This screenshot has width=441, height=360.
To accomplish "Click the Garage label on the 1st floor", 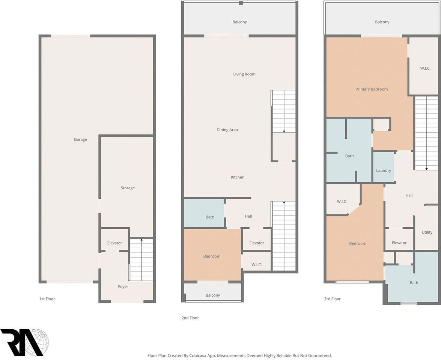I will point(80,139).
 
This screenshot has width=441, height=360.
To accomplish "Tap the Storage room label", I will point(128,188).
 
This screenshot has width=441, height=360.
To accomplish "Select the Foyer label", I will point(123,286).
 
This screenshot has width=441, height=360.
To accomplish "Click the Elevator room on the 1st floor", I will point(114,243).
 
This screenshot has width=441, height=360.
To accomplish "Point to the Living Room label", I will point(244,74).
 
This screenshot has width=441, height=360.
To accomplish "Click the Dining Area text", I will point(227,130).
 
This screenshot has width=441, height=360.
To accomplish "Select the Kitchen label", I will point(238,177).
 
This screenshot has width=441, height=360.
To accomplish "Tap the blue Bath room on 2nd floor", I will point(209,217).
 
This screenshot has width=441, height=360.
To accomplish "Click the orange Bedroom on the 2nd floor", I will point(212,256).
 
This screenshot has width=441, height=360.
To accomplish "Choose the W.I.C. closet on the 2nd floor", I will point(257,265).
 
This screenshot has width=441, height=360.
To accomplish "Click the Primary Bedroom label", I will point(372,89).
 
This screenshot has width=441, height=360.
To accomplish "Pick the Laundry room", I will point(384,171).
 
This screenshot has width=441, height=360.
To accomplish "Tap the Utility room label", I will point(427,232).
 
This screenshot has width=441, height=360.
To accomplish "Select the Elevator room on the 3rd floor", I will point(399,243).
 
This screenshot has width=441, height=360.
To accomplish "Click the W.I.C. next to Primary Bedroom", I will point(425,68).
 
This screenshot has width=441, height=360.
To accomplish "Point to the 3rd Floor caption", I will point(332,299).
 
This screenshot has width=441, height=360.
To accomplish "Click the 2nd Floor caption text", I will point(190,318).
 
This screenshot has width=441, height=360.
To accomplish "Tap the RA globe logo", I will point(24,342).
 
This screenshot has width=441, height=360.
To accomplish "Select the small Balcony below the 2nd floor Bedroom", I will point(213,295).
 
